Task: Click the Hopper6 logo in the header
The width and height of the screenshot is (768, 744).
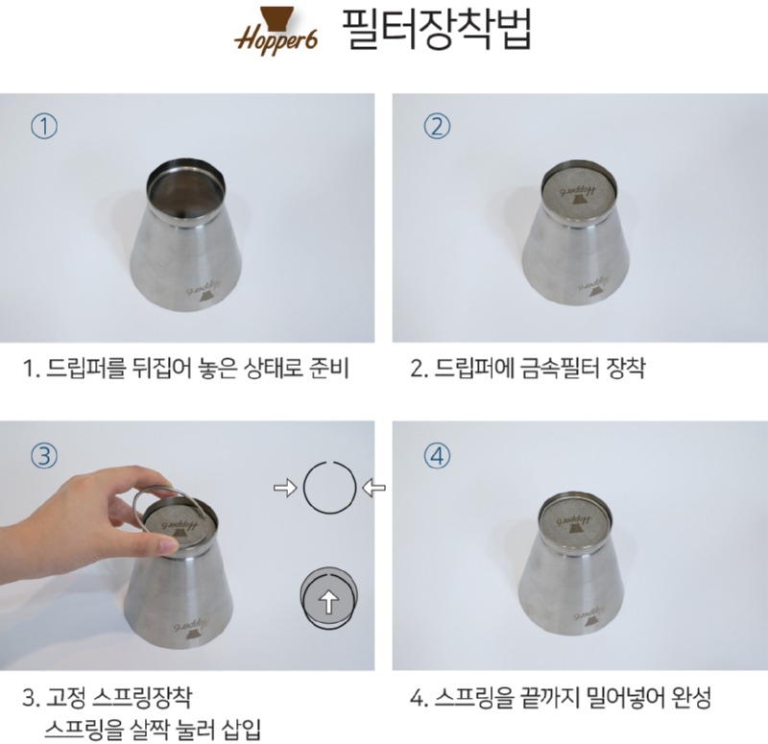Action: click(x=276, y=31)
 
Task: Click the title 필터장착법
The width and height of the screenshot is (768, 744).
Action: click(x=435, y=29)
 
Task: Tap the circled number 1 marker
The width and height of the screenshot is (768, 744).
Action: click(x=44, y=127)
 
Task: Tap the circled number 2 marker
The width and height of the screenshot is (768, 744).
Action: click(x=437, y=127)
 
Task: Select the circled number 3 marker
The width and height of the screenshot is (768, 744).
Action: click(x=44, y=455)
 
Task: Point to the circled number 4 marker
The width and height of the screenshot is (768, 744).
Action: click(x=437, y=455)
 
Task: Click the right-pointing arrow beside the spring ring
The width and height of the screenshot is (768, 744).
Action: click(x=285, y=488)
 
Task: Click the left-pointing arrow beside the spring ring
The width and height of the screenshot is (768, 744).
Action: click(x=373, y=488)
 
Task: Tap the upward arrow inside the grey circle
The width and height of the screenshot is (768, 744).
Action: click(x=328, y=601)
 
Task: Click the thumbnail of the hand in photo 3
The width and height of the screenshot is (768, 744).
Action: click(x=167, y=544)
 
